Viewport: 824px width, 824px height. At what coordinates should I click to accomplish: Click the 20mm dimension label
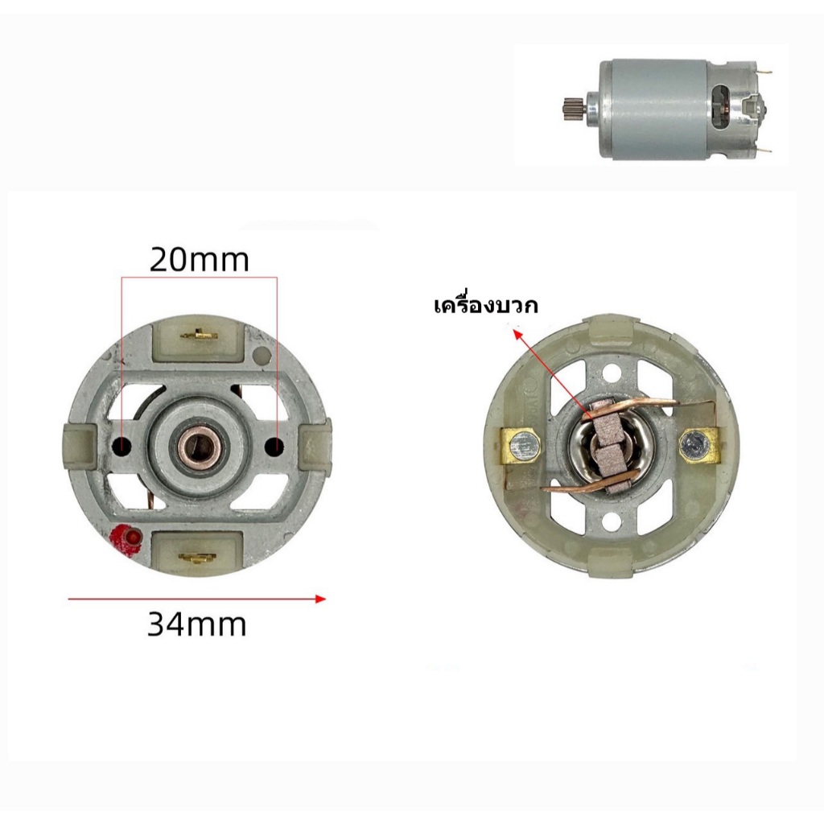[x=200, y=260]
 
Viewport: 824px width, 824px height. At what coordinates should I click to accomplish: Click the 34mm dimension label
[x=196, y=624]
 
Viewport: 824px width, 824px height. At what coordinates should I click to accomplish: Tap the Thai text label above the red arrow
[x=486, y=305]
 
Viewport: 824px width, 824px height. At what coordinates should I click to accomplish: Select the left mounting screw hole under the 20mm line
[x=122, y=447]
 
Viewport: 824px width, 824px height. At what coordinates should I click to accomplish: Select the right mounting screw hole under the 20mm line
[x=274, y=447]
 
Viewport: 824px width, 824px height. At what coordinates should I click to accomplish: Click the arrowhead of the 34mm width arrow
[x=320, y=599]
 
